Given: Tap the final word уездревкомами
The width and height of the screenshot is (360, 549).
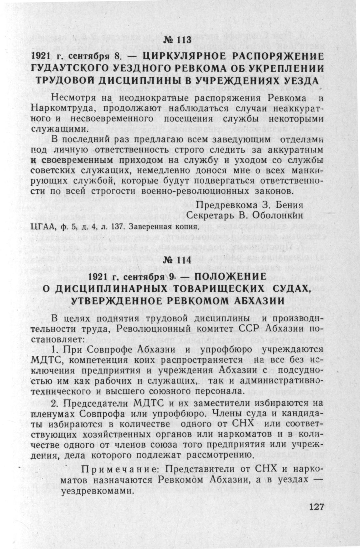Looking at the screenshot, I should [x=96, y=492].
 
